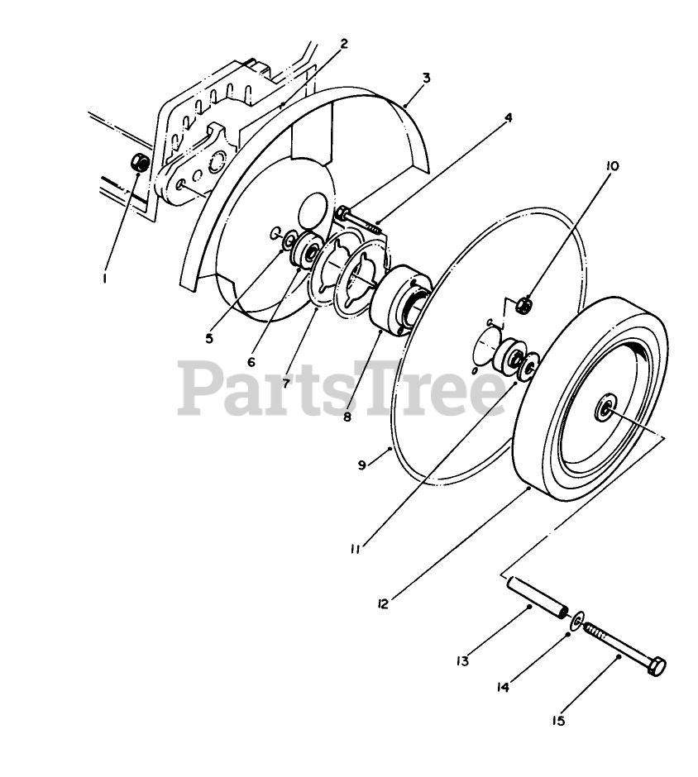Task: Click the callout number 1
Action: [x=105, y=279]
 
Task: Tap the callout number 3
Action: [x=425, y=78]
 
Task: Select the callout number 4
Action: [x=509, y=117]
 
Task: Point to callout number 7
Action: [x=286, y=384]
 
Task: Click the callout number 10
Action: [x=612, y=166]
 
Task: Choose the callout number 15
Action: [x=558, y=721]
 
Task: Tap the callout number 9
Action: [x=361, y=465]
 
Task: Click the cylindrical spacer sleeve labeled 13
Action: [x=535, y=598]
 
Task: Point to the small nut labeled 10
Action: [x=524, y=306]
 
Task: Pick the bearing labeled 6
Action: [x=309, y=249]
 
